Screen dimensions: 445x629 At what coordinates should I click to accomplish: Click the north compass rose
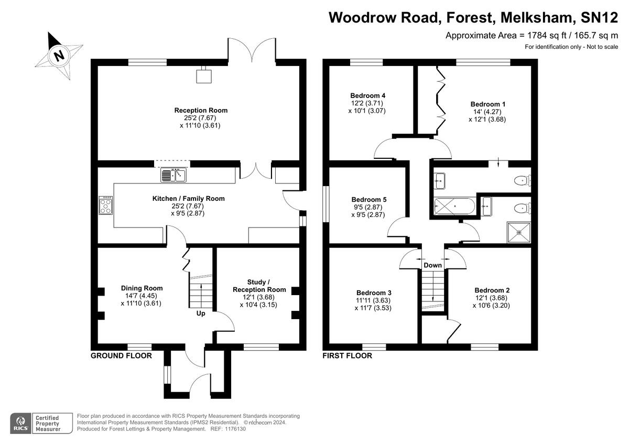coord(58,55)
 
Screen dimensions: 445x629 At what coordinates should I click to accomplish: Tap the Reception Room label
coord(201,110)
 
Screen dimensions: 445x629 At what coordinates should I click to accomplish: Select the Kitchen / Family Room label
coord(188,199)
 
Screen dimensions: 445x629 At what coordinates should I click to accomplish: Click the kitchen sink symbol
coord(173,175)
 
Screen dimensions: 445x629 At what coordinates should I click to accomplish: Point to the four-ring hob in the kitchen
coord(105,205)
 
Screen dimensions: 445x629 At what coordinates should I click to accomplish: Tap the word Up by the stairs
coord(201,314)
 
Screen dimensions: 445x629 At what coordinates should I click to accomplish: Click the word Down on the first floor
coord(432,265)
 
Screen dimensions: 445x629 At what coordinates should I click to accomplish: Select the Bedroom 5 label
coord(368,200)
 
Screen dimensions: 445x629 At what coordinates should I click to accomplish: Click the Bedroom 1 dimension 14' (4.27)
coord(487,112)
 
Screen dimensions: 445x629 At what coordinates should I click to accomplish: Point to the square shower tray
coord(519,233)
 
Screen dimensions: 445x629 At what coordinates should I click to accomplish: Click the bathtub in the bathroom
coord(454,208)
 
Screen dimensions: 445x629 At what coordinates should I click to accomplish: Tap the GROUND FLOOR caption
coord(121,356)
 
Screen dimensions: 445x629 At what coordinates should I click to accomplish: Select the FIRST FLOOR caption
coord(347,356)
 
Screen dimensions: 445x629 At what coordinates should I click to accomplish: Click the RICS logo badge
coord(21,422)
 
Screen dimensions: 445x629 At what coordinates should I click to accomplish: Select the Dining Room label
coord(142,288)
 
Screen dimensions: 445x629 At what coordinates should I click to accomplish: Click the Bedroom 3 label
coord(374,292)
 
